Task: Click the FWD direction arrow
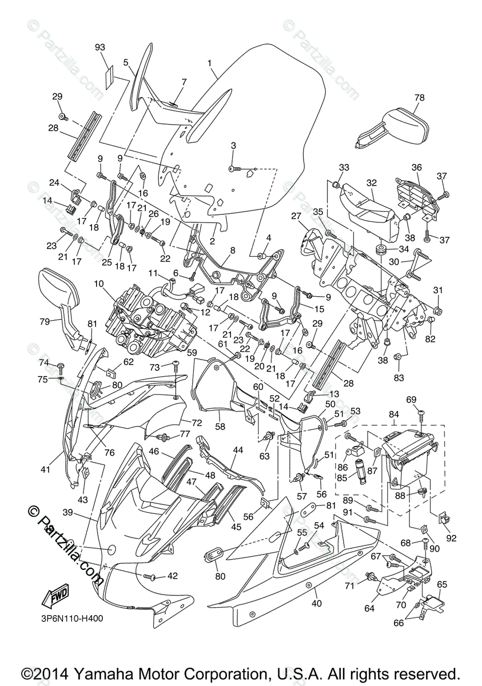tap(54, 597)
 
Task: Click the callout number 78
tap(419, 98)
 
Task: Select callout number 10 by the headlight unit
tap(98, 284)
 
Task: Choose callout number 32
tap(372, 183)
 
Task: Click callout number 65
tap(442, 584)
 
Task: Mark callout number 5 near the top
tap(126, 62)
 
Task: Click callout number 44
tap(238, 450)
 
